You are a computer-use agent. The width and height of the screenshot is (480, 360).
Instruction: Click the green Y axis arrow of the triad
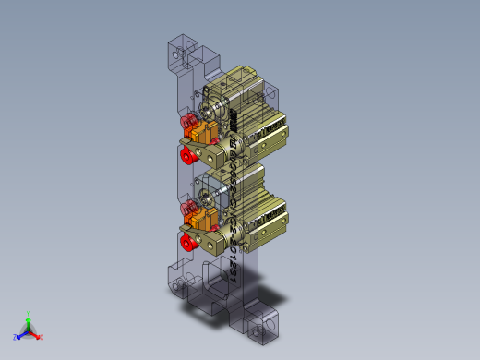[29, 317]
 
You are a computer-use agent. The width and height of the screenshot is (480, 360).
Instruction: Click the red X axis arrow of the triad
[38, 336]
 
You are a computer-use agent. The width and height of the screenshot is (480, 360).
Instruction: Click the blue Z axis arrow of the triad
[18, 337]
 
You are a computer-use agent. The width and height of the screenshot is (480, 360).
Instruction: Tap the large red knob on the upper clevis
[187, 155]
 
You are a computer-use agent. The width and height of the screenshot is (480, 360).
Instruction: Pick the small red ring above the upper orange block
[190, 121]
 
